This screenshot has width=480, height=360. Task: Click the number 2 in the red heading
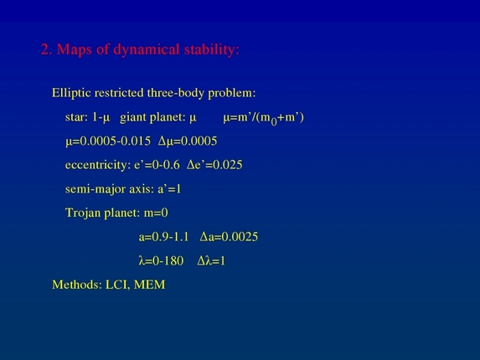pyautogui.click(x=45, y=49)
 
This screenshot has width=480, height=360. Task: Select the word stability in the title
pyautogui.click(x=214, y=49)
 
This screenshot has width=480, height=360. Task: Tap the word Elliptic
pyautogui.click(x=73, y=92)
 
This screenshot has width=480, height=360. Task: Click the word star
pyautogui.click(x=77, y=116)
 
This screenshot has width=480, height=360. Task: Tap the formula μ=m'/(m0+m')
pyautogui.click(x=263, y=117)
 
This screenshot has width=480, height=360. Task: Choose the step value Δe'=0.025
pyautogui.click(x=214, y=165)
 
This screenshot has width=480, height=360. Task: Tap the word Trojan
pyautogui.click(x=84, y=213)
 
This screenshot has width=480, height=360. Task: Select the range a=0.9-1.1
pyautogui.click(x=164, y=237)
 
